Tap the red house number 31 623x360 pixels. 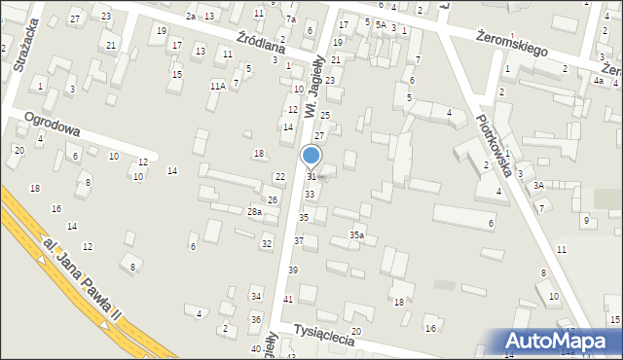click(311, 176)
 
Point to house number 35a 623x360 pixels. click(357, 234)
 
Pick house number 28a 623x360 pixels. click(254, 211)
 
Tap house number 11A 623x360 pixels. click(217, 86)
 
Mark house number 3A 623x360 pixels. click(537, 184)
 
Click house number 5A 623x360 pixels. click(381, 25)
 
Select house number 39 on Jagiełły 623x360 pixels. click(292, 270)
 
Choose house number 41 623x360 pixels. click(287, 299)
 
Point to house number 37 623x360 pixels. click(299, 240)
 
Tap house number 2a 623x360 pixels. click(191, 17)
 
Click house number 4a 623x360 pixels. click(598, 81)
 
